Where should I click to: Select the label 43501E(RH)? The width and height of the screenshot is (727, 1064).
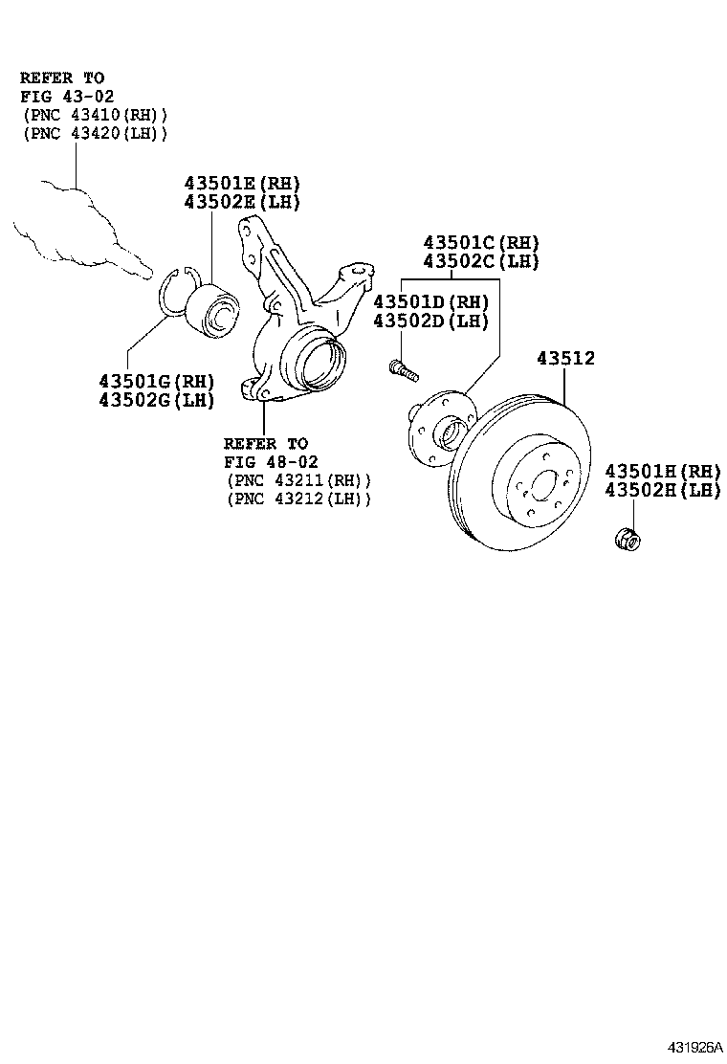242,184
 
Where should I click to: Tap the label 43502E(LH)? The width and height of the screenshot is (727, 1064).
242,202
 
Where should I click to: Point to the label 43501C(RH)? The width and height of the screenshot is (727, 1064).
482,243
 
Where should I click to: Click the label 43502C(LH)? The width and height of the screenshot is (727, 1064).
482,261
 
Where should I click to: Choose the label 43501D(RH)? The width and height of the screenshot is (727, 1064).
430,302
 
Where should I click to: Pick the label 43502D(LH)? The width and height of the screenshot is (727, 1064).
430,321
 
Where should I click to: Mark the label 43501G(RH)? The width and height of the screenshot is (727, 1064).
156,381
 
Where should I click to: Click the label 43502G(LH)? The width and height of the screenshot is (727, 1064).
156,399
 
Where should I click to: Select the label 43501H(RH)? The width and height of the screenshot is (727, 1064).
662,471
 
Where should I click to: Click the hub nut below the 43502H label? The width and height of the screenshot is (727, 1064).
626,538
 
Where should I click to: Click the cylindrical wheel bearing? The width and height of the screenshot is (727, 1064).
211,310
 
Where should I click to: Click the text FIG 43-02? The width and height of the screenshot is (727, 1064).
63,96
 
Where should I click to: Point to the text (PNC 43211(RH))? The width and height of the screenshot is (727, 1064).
298,480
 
